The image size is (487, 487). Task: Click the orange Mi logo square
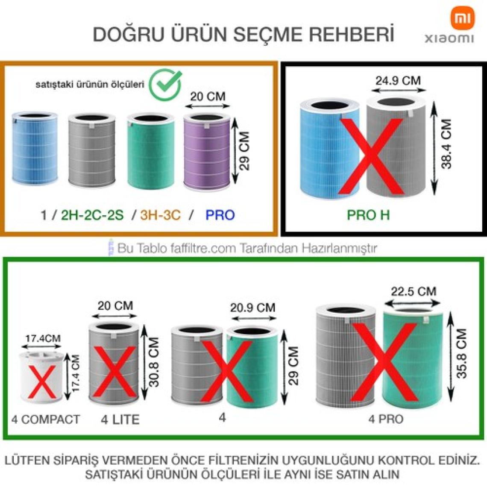(x=463, y=18)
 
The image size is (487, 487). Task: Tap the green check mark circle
(x=165, y=84)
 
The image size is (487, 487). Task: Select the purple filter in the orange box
(x=207, y=151)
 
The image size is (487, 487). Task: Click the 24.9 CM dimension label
(x=398, y=81)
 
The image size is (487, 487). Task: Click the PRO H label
(x=368, y=215)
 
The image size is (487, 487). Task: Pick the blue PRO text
(x=220, y=215)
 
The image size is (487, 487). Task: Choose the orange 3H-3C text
(x=160, y=215)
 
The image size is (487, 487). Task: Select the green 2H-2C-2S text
(x=92, y=215)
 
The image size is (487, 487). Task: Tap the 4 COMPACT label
(x=46, y=420)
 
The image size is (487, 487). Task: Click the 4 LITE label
(x=120, y=420)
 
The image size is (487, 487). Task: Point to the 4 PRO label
(x=386, y=419)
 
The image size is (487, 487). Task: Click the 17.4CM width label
(x=43, y=338)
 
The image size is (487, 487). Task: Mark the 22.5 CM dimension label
(x=414, y=291)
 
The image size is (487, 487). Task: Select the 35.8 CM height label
(x=462, y=353)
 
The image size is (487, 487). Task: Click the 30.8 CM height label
(x=154, y=362)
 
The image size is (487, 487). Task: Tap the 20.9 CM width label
(x=252, y=308)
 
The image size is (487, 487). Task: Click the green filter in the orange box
(x=151, y=151)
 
